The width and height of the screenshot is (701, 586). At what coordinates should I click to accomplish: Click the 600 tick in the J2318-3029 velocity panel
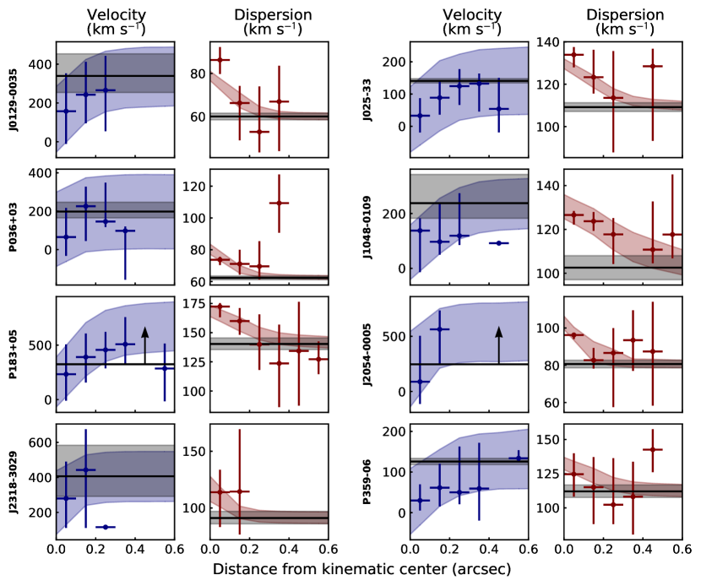(x=42, y=442)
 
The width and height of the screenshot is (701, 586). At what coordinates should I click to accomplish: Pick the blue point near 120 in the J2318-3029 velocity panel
(x=106, y=527)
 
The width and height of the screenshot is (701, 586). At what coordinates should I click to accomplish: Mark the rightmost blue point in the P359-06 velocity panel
(x=519, y=458)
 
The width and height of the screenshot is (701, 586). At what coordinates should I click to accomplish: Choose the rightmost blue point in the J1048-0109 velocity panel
(x=499, y=243)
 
